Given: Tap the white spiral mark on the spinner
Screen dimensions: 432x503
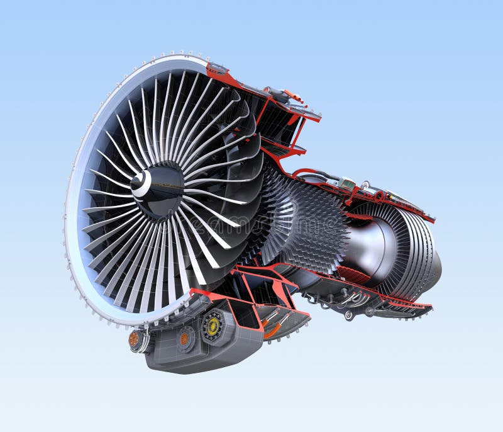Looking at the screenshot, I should tap(142, 183).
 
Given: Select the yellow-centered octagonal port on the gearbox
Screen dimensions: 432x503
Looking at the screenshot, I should tap(214, 327).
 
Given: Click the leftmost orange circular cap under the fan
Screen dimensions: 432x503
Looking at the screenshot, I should tap(134, 339).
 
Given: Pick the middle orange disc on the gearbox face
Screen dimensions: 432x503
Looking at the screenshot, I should tap(184, 338).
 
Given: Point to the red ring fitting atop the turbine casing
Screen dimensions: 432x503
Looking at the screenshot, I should tap(379, 196).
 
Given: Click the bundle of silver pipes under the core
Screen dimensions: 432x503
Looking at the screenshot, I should tap(349, 302).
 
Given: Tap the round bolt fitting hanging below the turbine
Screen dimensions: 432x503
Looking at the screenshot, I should tap(348, 315).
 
